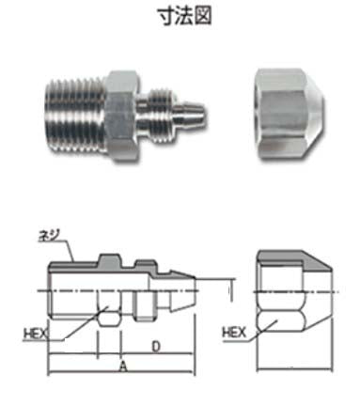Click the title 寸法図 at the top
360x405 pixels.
point(184,16)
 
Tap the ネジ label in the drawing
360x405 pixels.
point(49,236)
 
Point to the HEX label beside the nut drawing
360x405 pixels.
point(234,333)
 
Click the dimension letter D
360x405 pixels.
point(156,347)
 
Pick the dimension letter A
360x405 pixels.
point(124,366)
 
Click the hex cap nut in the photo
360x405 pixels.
point(290,114)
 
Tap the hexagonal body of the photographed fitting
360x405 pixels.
point(122,116)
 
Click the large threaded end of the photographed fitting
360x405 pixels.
point(75,116)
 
